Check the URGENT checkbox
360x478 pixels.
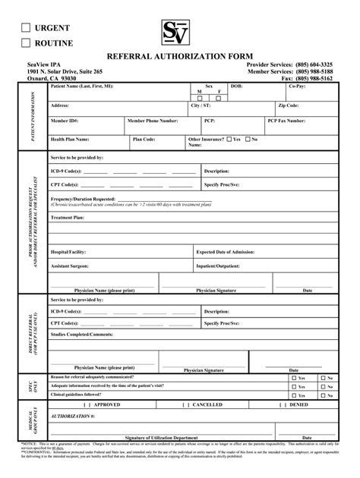tap(27, 28)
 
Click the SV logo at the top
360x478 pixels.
tap(179, 33)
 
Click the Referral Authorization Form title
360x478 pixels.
tap(179, 57)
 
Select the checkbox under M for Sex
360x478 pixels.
tap(200, 98)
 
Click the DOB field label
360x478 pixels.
tap(236, 87)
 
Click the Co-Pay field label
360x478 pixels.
tap(297, 87)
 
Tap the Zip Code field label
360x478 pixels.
tap(288, 105)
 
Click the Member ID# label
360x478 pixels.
tap(65, 121)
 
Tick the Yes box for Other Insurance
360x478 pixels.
tap(228, 140)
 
